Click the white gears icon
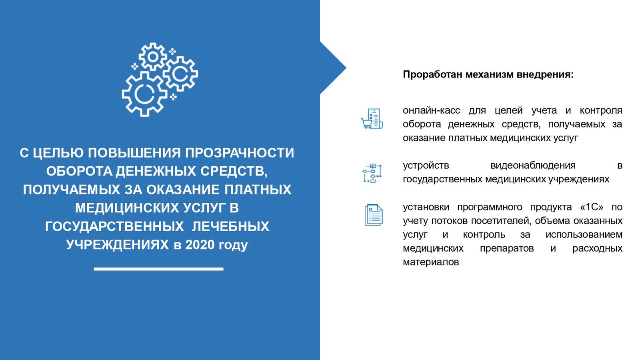(x=160, y=80)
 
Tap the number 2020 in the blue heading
(x=200, y=244)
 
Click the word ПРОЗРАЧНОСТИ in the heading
(x=240, y=153)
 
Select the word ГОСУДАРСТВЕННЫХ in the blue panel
(x=114, y=226)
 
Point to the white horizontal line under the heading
(x=158, y=269)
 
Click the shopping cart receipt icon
(x=372, y=118)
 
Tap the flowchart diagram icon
(x=372, y=173)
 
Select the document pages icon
(x=374, y=215)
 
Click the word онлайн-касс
(x=432, y=110)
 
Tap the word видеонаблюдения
(x=533, y=166)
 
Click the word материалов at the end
(x=431, y=262)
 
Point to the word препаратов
(x=507, y=248)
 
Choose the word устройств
(x=426, y=166)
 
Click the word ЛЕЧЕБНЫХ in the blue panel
(x=230, y=226)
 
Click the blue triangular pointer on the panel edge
(x=333, y=68)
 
